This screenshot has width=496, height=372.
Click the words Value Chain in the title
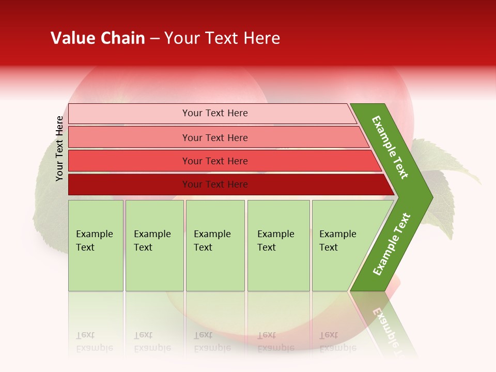98,38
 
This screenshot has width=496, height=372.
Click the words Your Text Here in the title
222,38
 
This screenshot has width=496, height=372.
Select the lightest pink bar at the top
129,114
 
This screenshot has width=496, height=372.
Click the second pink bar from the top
129,137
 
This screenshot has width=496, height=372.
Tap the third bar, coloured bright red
129,161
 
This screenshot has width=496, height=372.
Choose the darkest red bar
129,184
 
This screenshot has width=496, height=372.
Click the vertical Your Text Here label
60,148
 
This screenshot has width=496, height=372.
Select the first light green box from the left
96,269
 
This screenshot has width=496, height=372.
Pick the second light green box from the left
154,269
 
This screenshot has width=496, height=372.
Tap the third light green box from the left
215,269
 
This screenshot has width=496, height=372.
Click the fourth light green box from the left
278,269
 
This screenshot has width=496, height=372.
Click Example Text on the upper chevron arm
390,147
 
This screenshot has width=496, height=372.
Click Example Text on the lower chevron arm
391,244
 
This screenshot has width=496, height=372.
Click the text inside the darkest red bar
215,184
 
